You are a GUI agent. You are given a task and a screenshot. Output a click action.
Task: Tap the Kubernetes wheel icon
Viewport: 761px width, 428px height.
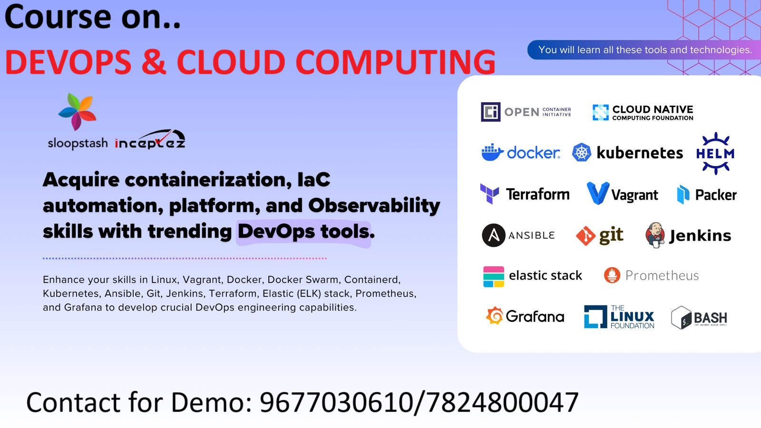582,152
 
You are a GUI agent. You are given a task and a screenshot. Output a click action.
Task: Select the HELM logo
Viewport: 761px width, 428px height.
715,154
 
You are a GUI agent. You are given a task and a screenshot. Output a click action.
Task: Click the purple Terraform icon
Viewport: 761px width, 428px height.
489,194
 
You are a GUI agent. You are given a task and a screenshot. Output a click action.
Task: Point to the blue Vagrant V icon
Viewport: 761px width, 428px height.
598,193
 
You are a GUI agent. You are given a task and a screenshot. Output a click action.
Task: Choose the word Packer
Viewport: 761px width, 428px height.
716,195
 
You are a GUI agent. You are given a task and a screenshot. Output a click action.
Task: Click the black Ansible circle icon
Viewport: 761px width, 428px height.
494,235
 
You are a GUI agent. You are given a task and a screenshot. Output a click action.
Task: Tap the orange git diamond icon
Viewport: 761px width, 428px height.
585,236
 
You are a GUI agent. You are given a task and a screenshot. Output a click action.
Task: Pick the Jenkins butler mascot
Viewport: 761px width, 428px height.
655,235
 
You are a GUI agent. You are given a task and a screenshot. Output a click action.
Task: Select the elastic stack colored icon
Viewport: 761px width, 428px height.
494,276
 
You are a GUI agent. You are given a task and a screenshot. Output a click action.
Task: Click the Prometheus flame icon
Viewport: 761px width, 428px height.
612,275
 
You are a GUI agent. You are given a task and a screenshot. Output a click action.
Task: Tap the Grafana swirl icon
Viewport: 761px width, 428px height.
495,316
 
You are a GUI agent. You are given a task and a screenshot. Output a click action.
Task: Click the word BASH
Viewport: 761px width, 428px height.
711,318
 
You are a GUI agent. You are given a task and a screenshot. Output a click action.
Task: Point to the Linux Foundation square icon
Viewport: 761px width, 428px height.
595,317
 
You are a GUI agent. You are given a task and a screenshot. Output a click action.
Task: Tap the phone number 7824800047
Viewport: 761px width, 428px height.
502,402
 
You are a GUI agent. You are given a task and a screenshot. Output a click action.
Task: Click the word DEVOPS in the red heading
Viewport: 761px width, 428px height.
68,62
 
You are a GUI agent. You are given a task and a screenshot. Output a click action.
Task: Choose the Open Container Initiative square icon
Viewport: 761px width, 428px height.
490,112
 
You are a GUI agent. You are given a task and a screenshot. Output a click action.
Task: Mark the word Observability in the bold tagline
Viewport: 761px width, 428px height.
374,206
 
